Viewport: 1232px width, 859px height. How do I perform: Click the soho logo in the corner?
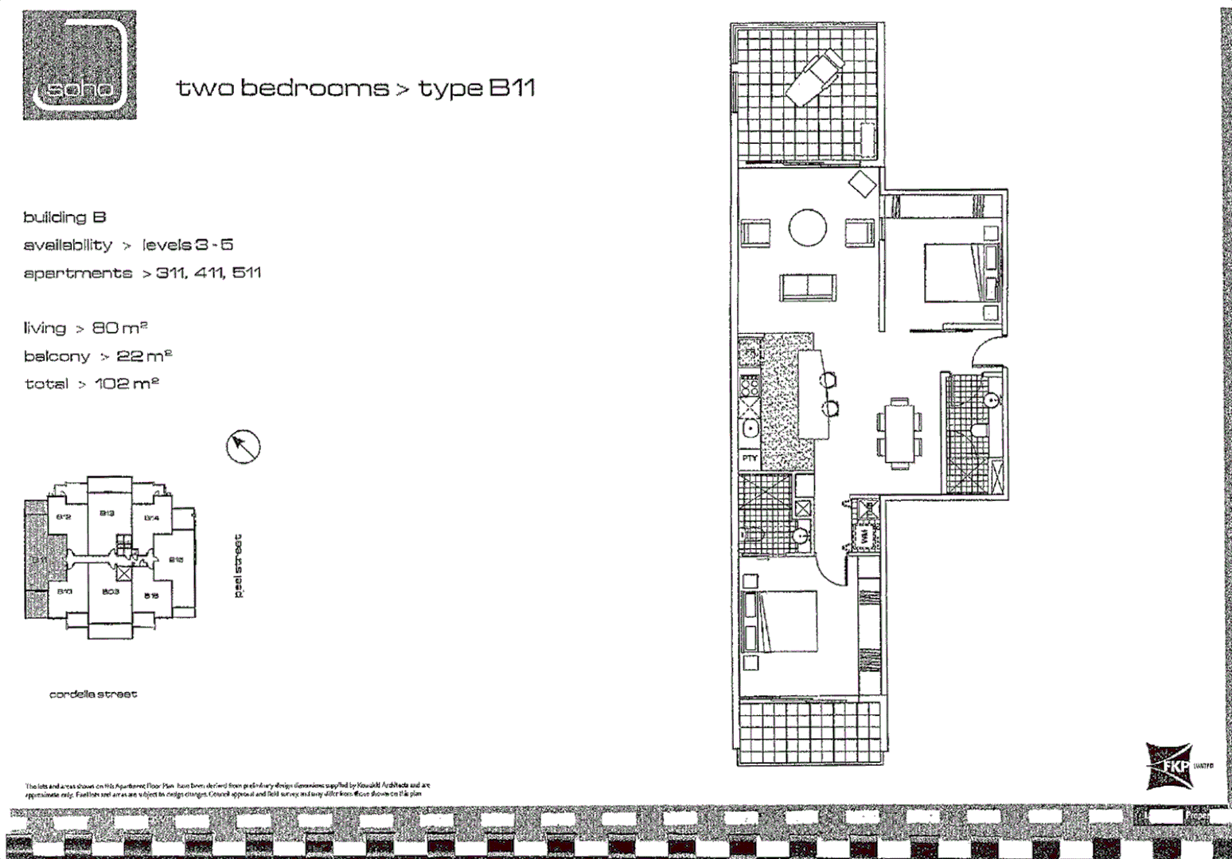click(80, 65)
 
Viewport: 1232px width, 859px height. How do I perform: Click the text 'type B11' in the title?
click(477, 88)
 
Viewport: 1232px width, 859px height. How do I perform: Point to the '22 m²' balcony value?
click(145, 356)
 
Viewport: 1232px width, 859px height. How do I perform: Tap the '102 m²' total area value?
click(127, 383)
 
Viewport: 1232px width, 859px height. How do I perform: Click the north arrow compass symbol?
click(244, 447)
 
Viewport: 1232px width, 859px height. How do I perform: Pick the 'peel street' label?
click(239, 566)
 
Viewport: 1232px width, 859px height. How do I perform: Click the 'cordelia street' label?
click(93, 694)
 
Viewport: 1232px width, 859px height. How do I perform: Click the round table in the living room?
click(807, 228)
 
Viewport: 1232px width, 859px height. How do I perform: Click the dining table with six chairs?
click(899, 433)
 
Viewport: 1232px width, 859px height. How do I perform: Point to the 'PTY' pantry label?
click(750, 459)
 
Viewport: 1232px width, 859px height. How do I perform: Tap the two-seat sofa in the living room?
click(809, 287)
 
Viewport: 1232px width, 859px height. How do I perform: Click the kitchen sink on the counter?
click(750, 430)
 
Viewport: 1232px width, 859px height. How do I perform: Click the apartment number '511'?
click(247, 273)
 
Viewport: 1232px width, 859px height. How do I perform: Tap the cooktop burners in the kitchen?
click(750, 387)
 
